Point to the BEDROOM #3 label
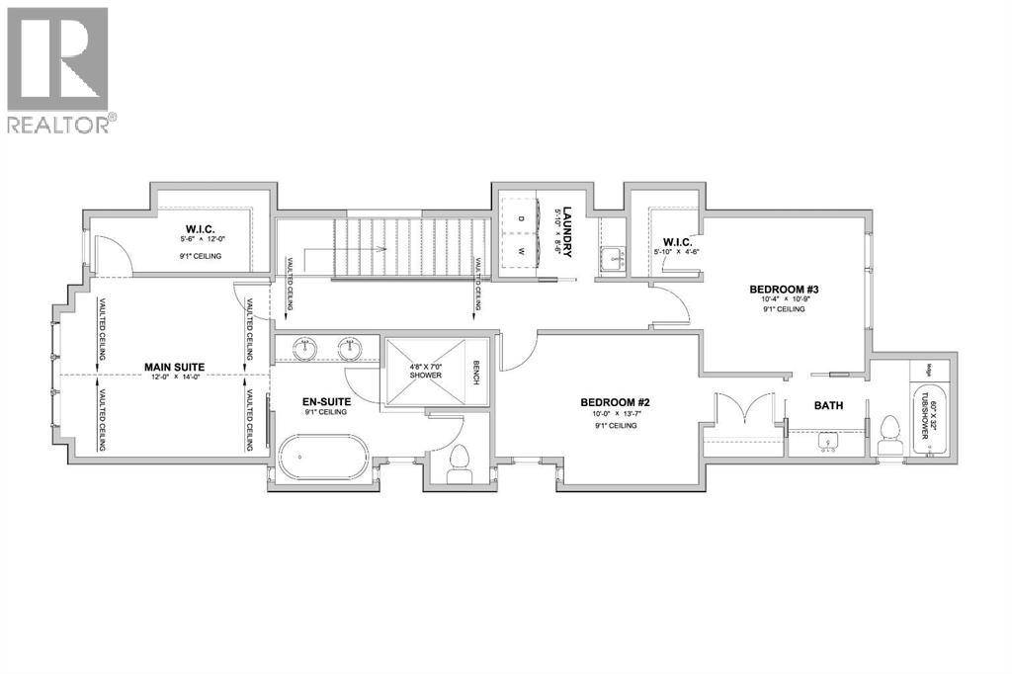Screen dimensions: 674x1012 [x=786, y=290]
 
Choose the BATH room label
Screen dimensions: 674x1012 [x=828, y=405]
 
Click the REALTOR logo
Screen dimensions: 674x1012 [x=59, y=69]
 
